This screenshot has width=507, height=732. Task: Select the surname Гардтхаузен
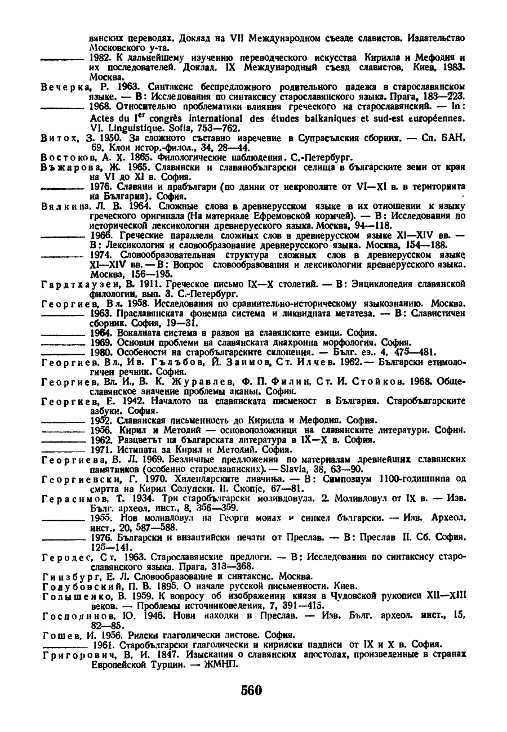[77, 284]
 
